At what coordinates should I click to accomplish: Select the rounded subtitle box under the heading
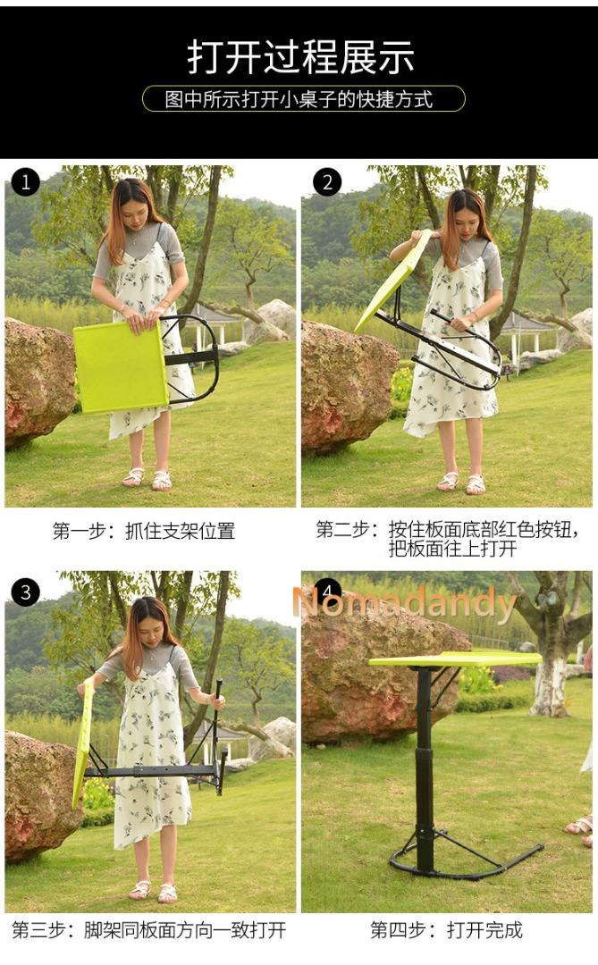303,98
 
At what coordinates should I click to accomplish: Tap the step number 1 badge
25,182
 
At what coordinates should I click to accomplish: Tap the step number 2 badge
327,182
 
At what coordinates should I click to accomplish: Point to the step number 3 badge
25,592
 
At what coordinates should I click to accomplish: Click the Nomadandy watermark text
404,605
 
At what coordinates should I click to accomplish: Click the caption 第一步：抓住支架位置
143,531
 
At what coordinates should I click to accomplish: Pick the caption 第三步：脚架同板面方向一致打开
148,929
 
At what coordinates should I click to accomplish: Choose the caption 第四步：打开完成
446,929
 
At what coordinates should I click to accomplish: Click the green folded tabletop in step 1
119,366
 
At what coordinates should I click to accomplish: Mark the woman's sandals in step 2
461,482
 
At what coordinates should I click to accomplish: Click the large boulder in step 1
38,382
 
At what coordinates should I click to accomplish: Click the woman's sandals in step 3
153,890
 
